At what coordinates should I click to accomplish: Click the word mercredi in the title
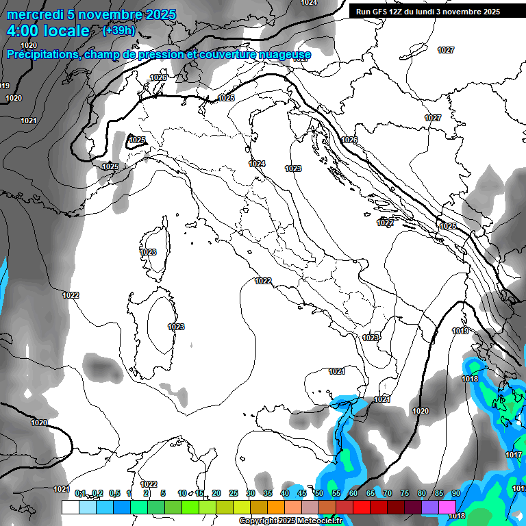(x=35, y=14)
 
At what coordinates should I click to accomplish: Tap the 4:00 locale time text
(x=47, y=31)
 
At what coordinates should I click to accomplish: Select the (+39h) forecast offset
(x=118, y=31)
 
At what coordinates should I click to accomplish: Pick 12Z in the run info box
(x=400, y=12)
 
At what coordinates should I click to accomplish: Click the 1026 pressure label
(x=158, y=77)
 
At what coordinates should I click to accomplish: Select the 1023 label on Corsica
(x=148, y=252)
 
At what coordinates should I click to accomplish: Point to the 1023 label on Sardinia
(x=176, y=327)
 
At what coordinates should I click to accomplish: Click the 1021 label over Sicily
(x=336, y=371)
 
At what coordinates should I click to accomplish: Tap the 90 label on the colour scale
(x=455, y=493)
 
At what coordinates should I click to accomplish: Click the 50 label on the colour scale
(x=319, y=493)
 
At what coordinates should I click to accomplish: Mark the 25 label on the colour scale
(x=234, y=493)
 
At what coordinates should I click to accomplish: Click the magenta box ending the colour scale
(x=447, y=507)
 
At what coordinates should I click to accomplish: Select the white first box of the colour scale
(x=70, y=507)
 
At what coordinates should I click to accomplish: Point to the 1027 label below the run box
(x=446, y=50)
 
